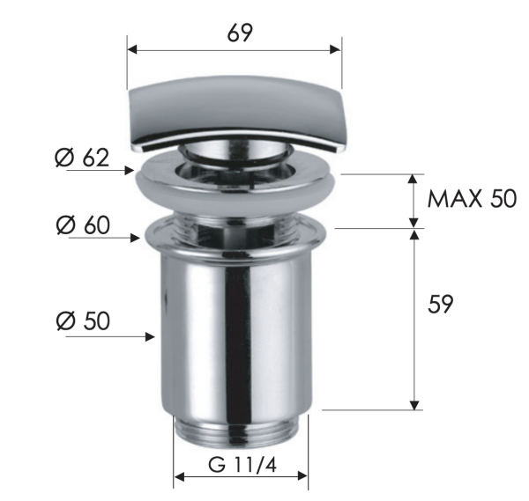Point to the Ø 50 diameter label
[81, 320]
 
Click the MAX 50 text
[472, 199]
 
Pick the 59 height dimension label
[440, 305]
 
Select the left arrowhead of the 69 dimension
[132, 50]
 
